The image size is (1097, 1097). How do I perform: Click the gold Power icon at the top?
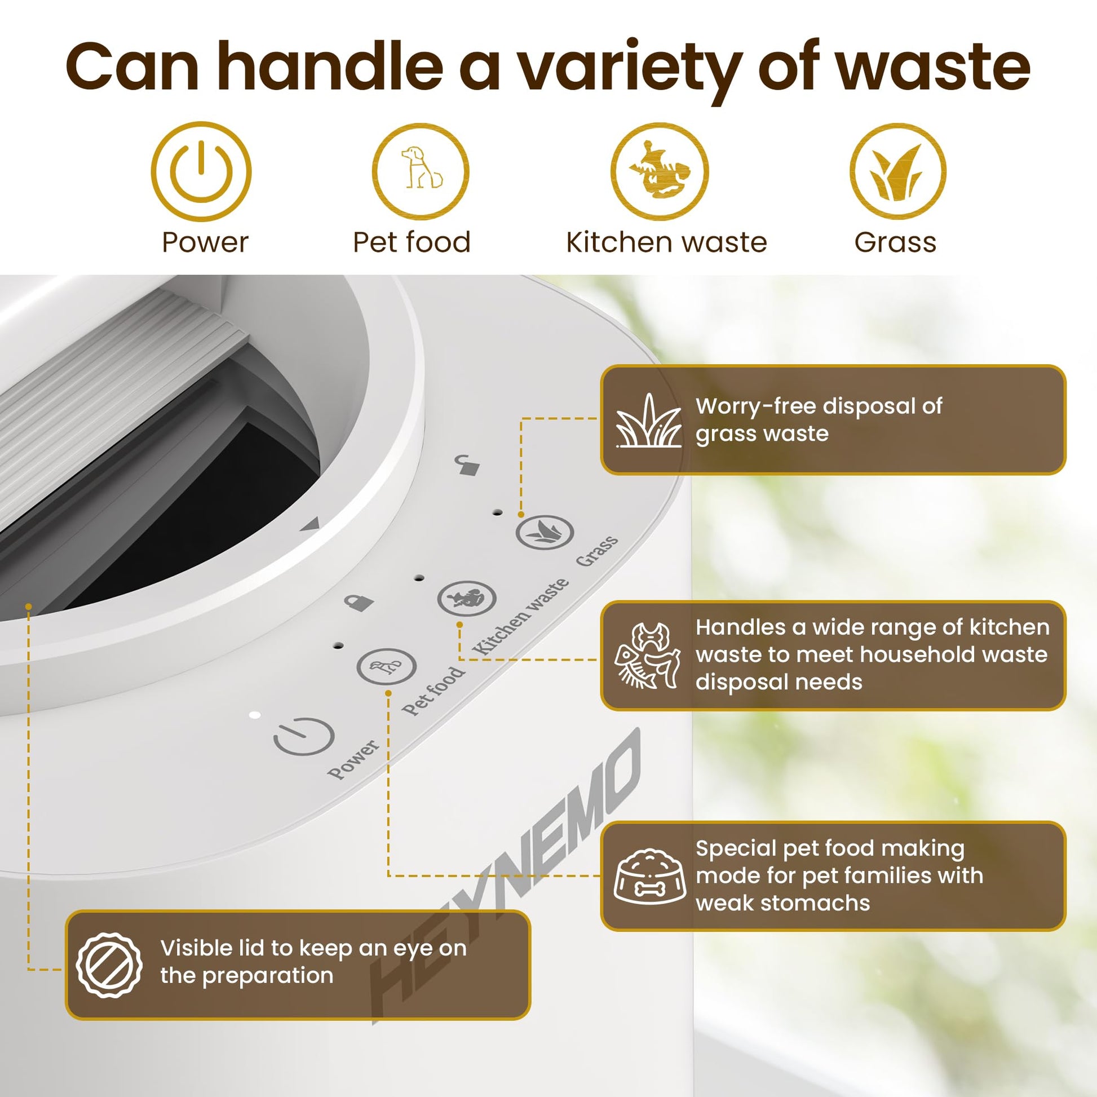click(x=201, y=171)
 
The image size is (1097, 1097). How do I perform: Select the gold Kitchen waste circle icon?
click(x=659, y=171)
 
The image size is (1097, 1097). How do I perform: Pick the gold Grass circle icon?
click(x=897, y=171)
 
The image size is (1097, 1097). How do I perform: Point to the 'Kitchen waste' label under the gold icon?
click(x=667, y=242)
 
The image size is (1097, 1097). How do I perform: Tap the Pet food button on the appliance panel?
click(x=387, y=667)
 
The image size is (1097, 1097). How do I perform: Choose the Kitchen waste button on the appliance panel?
click(x=467, y=599)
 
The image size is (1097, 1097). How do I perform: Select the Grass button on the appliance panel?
click(x=545, y=533)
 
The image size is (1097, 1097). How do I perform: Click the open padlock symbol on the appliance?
click(x=468, y=465)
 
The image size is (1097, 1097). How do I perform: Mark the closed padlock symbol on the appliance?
click(x=359, y=602)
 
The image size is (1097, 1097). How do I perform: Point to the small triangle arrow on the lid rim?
click(x=311, y=525)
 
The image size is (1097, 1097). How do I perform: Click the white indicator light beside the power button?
click(x=255, y=715)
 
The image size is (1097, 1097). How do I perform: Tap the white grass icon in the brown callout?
click(x=649, y=421)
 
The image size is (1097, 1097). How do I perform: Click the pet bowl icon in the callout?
click(x=650, y=876)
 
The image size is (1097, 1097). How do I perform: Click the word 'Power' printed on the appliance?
click(x=353, y=759)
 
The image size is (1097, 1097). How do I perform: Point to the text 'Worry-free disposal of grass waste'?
click(x=819, y=419)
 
